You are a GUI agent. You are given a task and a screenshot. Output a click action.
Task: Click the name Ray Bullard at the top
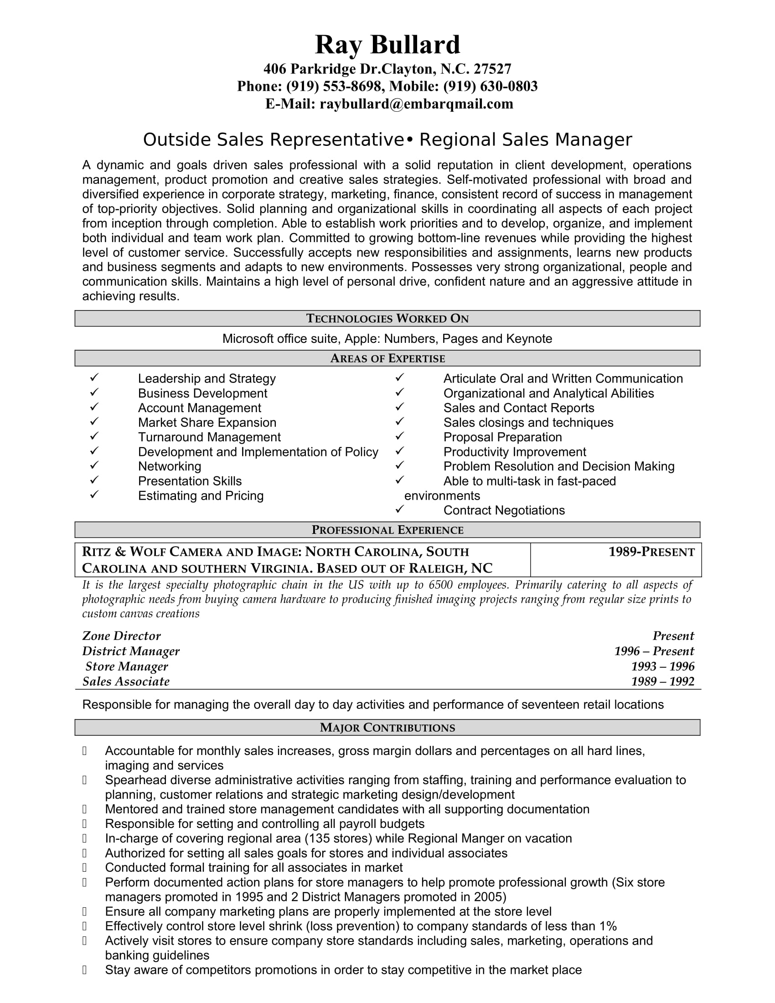click(387, 45)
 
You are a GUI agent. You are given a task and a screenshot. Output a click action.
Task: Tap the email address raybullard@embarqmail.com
click(416, 104)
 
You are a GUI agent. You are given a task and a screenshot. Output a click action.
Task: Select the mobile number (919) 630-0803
click(491, 86)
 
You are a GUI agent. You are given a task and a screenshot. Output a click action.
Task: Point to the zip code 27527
click(492, 69)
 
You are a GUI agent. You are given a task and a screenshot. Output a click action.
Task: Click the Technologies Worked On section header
click(387, 318)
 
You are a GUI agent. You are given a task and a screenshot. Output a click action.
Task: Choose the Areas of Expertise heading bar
click(387, 358)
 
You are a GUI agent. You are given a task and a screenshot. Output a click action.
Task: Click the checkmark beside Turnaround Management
click(94, 436)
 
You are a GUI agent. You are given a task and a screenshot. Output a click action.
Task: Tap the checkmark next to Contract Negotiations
click(399, 509)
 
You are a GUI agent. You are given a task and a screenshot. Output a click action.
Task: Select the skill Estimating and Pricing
click(201, 496)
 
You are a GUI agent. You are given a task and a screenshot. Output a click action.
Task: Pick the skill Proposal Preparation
click(502, 437)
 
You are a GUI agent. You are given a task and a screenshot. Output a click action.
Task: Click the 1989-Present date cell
click(651, 552)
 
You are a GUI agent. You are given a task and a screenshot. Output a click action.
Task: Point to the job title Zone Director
click(121, 636)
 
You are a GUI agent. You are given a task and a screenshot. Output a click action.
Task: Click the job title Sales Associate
click(126, 682)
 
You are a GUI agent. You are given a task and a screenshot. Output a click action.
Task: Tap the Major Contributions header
click(387, 728)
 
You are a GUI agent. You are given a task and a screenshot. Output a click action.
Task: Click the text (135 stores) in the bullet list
click(338, 838)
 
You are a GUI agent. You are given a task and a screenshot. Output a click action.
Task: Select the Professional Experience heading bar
click(387, 530)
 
